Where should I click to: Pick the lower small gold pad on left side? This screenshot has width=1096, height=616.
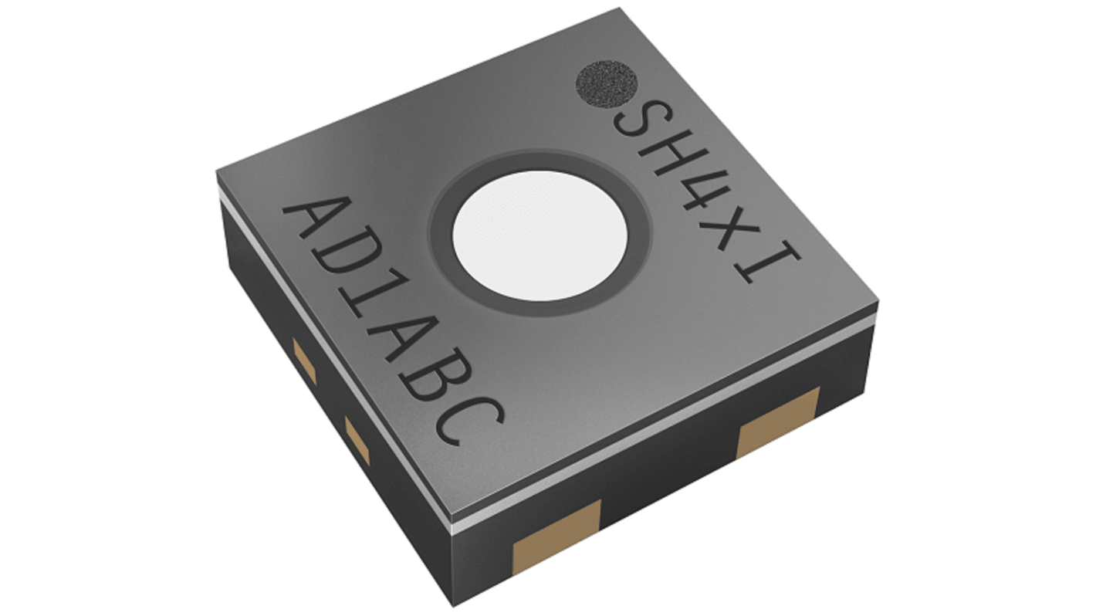click(358, 442)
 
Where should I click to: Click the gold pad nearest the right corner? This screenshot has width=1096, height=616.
click(777, 423)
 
